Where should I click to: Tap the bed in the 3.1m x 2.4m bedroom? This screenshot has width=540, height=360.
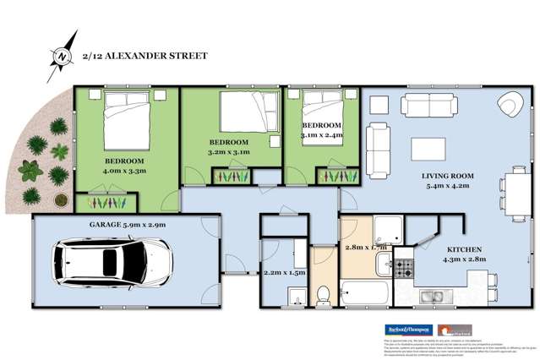coord(321,107)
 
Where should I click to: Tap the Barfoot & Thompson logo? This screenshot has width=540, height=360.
coord(408,329)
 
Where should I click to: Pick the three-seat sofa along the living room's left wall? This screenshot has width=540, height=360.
coord(377,144)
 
